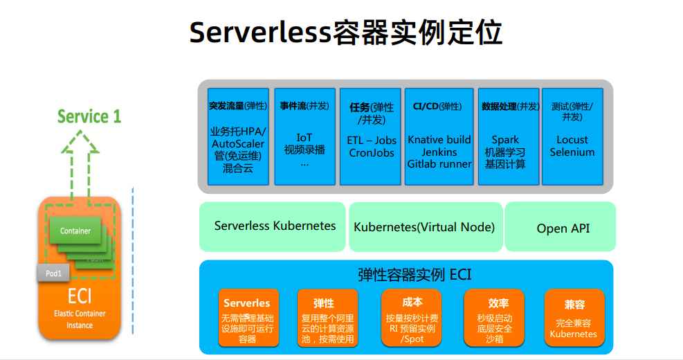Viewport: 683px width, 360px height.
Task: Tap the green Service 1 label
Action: (x=89, y=116)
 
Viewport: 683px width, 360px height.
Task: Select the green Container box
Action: (x=75, y=231)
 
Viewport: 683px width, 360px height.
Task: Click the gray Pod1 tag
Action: (x=53, y=273)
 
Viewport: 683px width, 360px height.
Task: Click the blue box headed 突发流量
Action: (x=237, y=136)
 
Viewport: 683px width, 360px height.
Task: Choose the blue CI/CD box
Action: (x=437, y=136)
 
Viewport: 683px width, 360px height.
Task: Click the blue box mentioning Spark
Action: (x=509, y=136)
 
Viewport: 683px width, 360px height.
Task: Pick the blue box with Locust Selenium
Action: (x=572, y=136)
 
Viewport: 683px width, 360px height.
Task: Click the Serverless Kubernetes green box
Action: (x=273, y=226)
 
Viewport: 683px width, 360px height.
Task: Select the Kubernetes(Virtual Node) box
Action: (x=424, y=227)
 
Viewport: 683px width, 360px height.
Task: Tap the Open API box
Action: (x=562, y=228)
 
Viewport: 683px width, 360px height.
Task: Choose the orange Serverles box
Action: (x=247, y=318)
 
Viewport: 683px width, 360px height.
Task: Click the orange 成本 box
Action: (x=412, y=318)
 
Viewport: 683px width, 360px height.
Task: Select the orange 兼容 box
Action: (x=574, y=318)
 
